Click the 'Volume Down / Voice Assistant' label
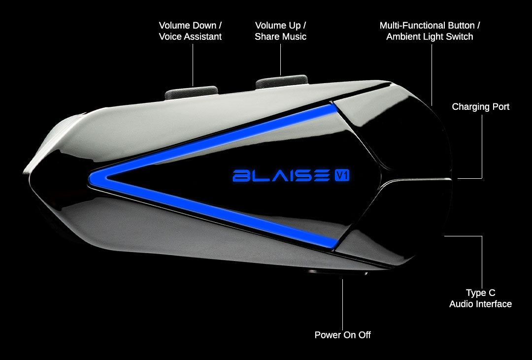pyautogui.click(x=190, y=31)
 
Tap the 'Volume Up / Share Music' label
pyautogui.click(x=280, y=31)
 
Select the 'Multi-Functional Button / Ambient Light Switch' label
pyautogui.click(x=430, y=31)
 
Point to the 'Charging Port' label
pyautogui.click(x=480, y=107)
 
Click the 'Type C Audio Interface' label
pyautogui.click(x=480, y=298)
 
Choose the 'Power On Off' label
pyautogui.click(x=342, y=335)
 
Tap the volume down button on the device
pyautogui.click(x=191, y=91)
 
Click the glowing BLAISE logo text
pyautogui.click(x=281, y=175)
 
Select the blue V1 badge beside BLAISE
pyautogui.click(x=341, y=175)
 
